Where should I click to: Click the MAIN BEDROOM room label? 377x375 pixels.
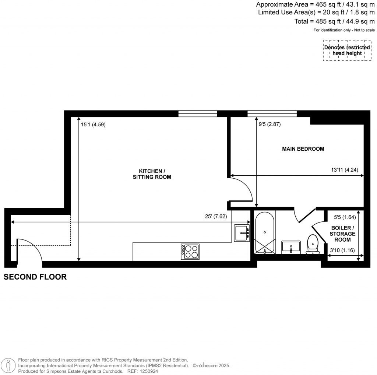303,149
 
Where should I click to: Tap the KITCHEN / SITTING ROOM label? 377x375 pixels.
152,174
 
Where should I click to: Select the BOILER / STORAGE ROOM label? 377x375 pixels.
342,234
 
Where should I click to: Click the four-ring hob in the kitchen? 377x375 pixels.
190,252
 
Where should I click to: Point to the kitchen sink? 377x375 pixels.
242,233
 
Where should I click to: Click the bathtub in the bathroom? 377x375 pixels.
265,233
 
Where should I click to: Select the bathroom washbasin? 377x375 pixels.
291,248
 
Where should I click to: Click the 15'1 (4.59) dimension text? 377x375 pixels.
93,125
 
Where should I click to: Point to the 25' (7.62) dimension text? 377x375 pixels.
216,216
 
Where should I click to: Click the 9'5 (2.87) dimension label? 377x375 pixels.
269,124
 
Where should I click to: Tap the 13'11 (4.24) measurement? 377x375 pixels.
345,170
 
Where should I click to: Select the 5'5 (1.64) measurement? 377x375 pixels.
345,217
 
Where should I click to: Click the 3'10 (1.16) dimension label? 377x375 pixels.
342,250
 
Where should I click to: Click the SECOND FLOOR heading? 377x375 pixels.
35,277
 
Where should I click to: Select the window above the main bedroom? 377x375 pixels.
272,113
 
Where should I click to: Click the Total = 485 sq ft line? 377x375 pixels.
334,21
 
